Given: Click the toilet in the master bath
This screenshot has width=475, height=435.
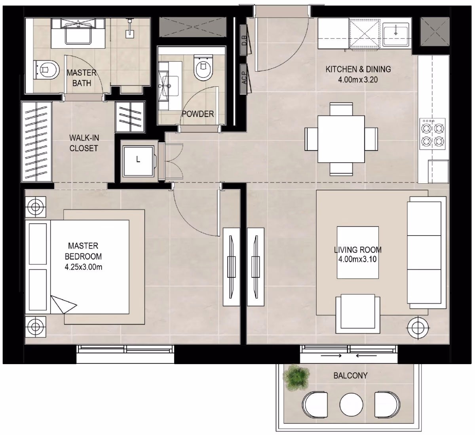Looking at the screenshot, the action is [x=46, y=70].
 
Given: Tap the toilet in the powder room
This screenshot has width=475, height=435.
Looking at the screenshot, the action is [x=203, y=68].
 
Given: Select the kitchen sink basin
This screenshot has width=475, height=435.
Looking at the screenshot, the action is [x=396, y=34].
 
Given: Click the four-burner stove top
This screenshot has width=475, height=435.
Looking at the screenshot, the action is [x=432, y=134].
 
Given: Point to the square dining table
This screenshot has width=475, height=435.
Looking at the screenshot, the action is [x=341, y=139].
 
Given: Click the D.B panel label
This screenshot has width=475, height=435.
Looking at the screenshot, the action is [x=244, y=40].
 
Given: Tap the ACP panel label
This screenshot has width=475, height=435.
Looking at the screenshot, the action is [x=244, y=78].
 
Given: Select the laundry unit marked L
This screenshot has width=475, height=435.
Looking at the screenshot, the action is [x=138, y=161].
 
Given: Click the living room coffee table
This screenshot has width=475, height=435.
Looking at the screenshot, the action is [x=357, y=253].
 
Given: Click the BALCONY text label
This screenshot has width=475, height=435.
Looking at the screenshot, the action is [x=350, y=376].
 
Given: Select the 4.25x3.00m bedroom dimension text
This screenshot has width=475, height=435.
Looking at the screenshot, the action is [x=84, y=267].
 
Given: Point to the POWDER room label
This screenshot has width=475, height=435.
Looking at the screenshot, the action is [x=198, y=114].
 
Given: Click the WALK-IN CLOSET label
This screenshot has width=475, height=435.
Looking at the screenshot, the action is [x=84, y=143].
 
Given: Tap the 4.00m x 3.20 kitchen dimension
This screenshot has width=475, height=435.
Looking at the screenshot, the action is [x=358, y=80].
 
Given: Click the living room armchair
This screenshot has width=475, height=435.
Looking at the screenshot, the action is [x=357, y=314].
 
